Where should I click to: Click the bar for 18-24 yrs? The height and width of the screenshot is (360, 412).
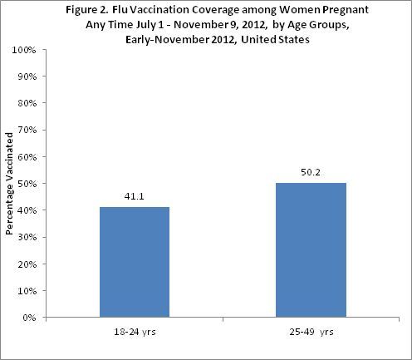point(134,262)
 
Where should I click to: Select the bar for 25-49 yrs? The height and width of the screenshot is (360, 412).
point(311,249)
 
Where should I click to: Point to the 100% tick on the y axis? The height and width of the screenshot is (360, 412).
point(24,50)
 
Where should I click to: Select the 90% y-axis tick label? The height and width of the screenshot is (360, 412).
point(26,76)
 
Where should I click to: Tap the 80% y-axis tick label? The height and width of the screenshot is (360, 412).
point(26,103)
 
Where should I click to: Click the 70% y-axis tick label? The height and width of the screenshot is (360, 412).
point(26,130)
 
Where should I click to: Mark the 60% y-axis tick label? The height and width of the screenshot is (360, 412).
point(26,156)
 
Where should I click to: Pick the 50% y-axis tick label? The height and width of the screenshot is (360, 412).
point(26,184)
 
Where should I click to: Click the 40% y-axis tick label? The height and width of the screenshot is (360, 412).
point(26,210)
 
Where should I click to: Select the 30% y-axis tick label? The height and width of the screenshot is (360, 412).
point(26,237)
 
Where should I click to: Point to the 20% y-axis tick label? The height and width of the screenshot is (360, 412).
point(26,264)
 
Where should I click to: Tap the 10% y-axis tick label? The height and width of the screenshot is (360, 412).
point(26,290)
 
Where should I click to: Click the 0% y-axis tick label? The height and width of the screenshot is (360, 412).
point(28,317)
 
